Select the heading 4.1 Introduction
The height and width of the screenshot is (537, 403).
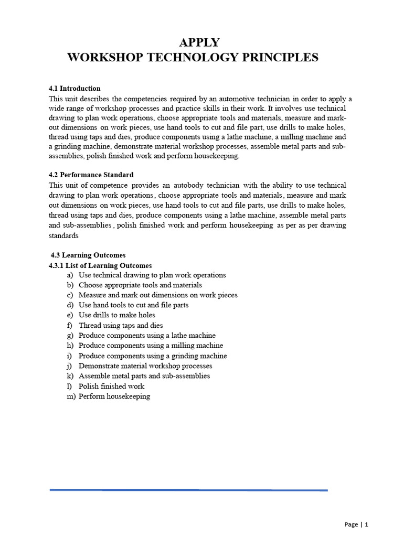point(75,88)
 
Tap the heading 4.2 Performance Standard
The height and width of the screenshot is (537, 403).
point(91,175)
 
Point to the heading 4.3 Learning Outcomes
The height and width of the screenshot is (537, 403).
point(88,255)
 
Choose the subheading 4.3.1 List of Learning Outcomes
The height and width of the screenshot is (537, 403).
point(100,265)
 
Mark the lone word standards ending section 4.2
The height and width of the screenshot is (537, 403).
point(63,235)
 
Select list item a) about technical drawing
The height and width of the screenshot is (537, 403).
point(152,275)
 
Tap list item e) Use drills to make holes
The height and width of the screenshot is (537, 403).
point(116,315)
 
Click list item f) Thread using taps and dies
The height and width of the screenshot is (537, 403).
point(120,326)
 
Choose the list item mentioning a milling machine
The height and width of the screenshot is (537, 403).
point(151,346)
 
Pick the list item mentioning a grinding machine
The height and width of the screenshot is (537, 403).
point(153,356)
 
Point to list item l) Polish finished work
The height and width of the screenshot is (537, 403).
point(111,386)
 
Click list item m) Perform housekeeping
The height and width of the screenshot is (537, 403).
point(114,396)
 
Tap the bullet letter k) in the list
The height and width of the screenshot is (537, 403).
point(70,376)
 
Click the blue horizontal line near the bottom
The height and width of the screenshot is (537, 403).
point(189,490)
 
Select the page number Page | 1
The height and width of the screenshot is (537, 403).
point(357,524)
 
